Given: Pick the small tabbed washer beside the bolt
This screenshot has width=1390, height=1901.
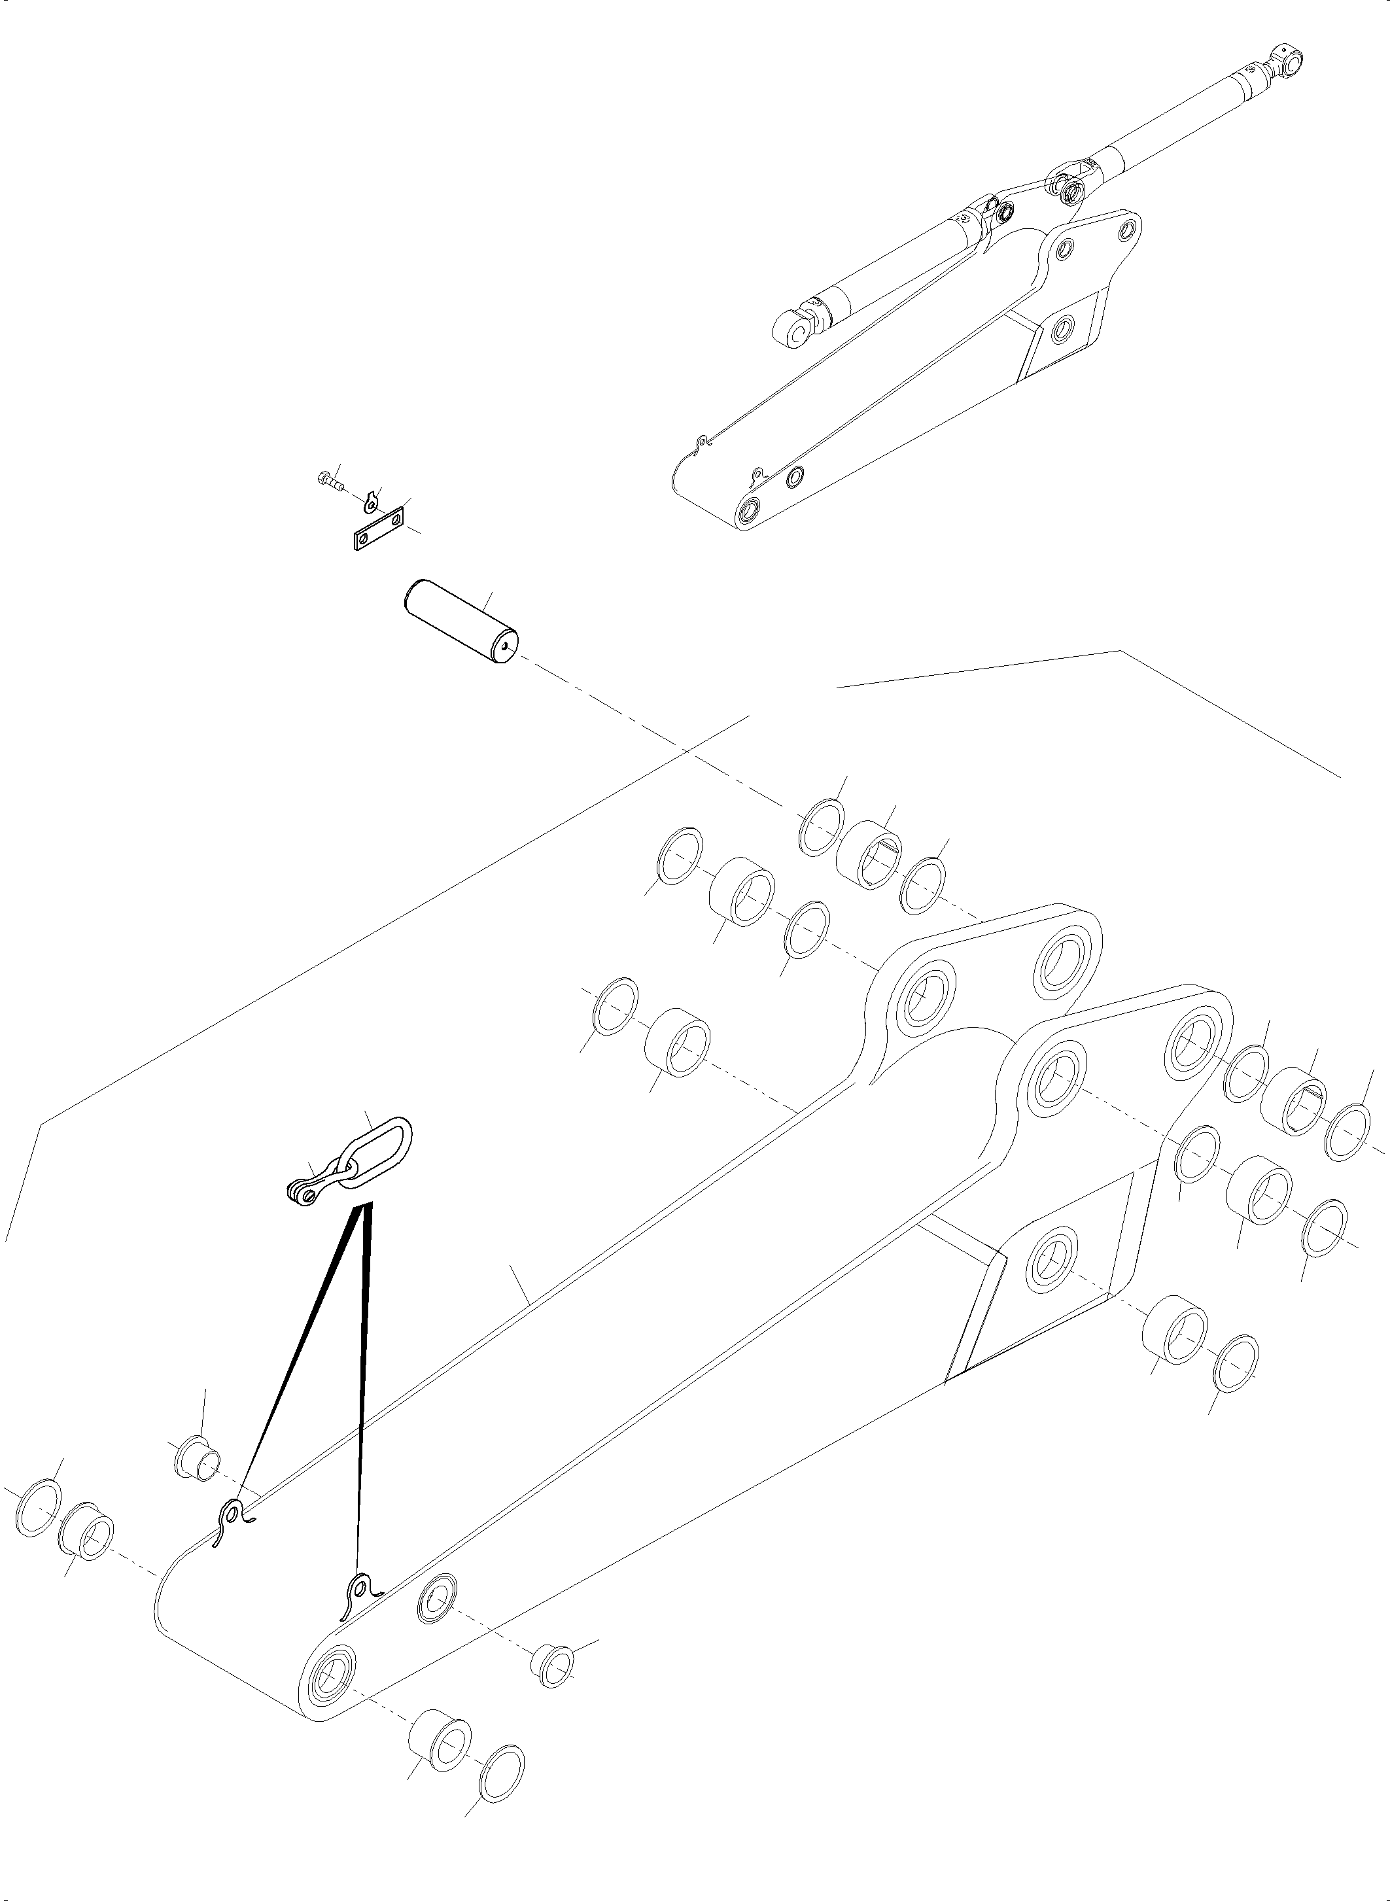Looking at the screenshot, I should [x=373, y=503].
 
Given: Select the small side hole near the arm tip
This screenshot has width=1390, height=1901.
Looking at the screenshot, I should [x=438, y=1599].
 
